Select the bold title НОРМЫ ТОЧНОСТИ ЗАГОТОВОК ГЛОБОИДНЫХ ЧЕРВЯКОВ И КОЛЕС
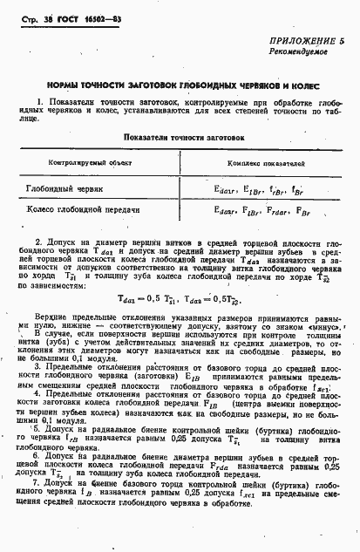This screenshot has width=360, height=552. coord(180,87)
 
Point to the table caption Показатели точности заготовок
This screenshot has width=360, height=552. coord(184,137)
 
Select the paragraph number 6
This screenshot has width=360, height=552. coord(34,457)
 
